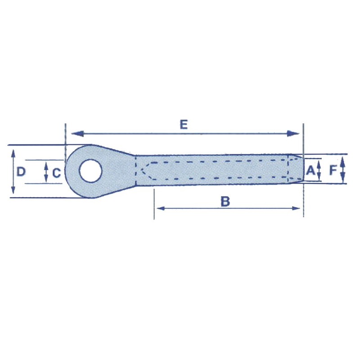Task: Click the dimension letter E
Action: point(183,125)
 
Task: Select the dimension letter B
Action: point(225,202)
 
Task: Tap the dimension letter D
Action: point(21,171)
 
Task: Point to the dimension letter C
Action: point(56,172)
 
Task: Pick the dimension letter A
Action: point(310,171)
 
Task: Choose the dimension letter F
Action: point(333,170)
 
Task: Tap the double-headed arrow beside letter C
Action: point(46,172)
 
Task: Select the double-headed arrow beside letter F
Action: point(342,169)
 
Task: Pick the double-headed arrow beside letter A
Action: point(319,170)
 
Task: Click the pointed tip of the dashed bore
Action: point(141,171)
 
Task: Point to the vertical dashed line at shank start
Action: point(135,171)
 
